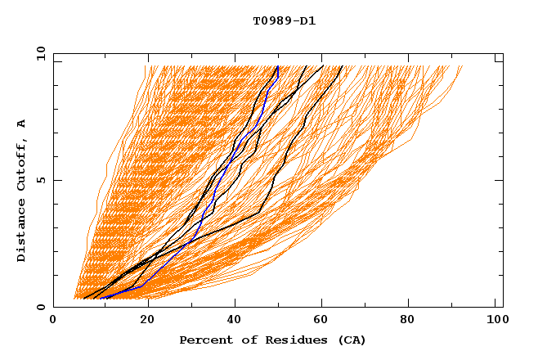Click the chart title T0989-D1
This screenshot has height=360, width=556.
point(284,21)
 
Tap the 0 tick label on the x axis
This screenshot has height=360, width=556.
point(53,322)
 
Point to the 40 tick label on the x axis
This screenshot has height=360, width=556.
point(233,322)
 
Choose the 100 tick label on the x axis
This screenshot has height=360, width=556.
point(495,322)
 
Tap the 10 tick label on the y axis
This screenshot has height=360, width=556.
point(38,53)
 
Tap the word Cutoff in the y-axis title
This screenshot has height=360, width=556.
point(22,164)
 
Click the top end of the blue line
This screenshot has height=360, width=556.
point(278,66)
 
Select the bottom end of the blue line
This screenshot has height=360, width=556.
point(100,299)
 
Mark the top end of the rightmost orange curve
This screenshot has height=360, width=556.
point(462,66)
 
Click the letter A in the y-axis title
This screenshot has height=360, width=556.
point(22,124)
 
